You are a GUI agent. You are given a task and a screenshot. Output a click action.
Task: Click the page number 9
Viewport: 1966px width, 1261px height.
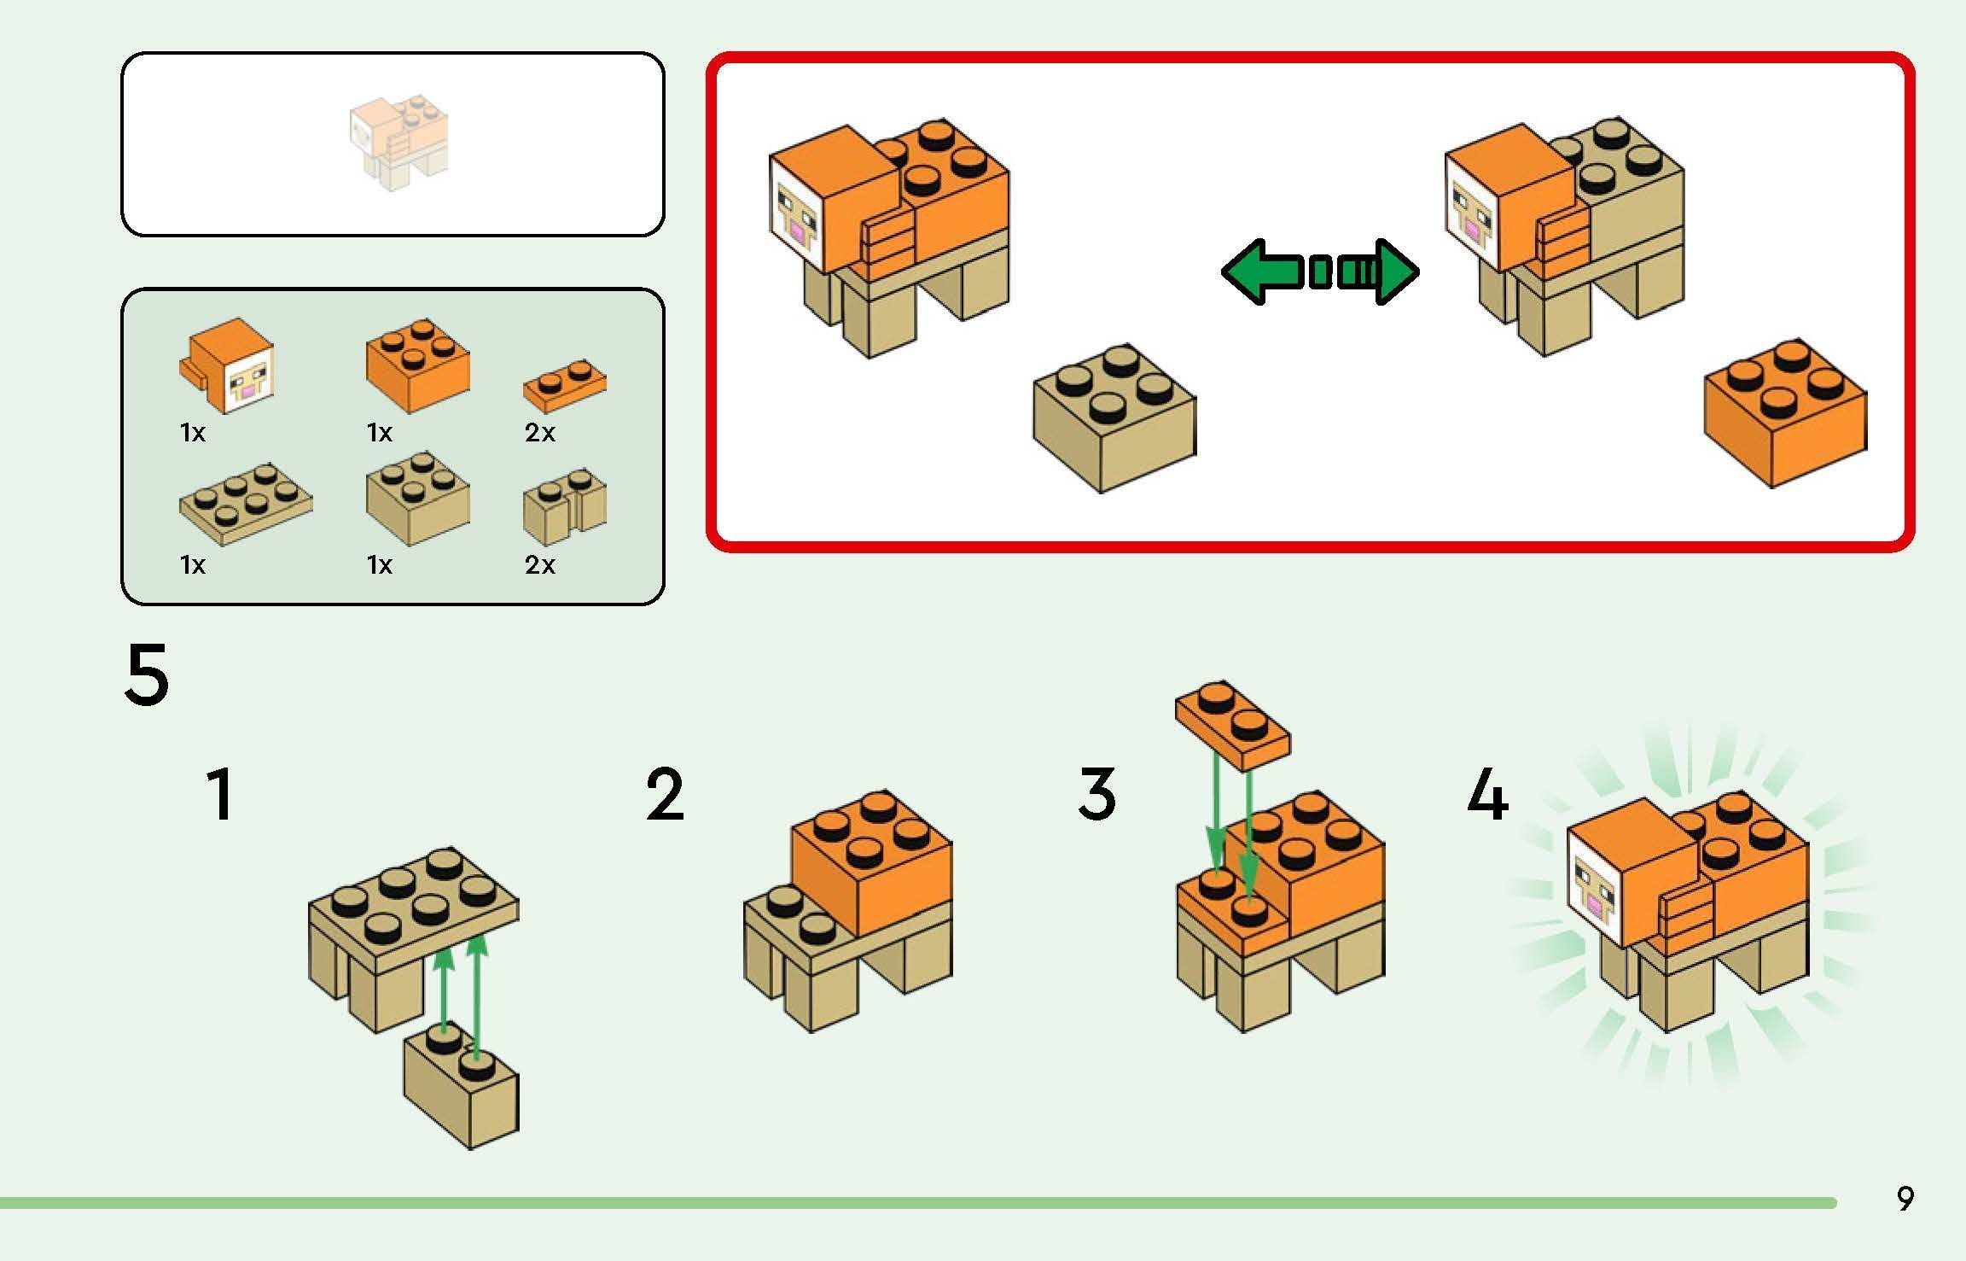[1905, 1198]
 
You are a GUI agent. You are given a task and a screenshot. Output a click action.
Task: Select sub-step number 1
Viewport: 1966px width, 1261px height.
[220, 794]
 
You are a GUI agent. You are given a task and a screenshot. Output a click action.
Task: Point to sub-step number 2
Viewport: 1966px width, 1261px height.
[665, 794]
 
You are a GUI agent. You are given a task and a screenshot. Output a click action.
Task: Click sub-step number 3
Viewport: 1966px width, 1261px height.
[1096, 794]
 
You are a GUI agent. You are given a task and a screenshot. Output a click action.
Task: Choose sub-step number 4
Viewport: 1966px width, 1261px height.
[1487, 794]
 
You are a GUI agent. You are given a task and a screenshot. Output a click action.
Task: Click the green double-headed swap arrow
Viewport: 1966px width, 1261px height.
[1320, 271]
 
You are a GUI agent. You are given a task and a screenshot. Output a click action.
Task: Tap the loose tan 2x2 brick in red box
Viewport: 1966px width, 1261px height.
[1114, 418]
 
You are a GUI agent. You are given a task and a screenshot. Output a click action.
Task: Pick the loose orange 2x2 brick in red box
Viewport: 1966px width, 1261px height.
[1786, 413]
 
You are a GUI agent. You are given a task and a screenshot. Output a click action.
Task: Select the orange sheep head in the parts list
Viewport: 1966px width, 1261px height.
[228, 367]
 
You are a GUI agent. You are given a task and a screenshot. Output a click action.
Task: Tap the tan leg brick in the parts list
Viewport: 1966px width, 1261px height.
[565, 507]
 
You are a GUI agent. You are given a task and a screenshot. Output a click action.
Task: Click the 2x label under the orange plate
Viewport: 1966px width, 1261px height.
[539, 434]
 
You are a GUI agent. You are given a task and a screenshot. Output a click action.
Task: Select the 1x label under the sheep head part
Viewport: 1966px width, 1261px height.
[193, 434]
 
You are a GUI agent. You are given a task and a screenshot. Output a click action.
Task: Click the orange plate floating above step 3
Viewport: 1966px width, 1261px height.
[1232, 726]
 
